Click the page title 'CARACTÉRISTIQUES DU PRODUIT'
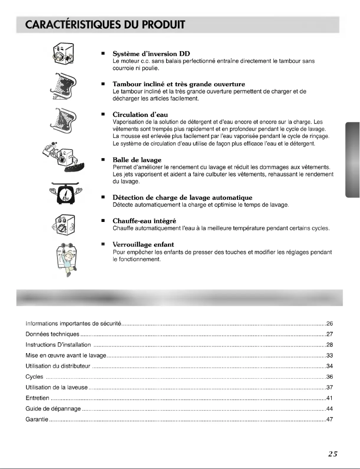pos(100,23)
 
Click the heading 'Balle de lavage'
pos(137,160)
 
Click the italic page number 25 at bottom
pos(332,453)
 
